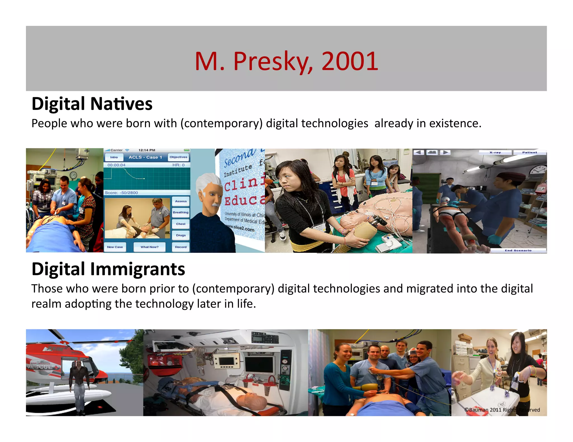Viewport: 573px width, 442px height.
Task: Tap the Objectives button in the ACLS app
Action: tap(178, 157)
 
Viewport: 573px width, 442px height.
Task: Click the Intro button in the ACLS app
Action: tap(114, 157)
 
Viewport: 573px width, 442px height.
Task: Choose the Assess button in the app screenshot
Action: tap(181, 201)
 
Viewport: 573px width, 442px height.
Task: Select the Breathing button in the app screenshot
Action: tap(181, 212)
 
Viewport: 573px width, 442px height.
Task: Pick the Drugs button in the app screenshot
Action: tap(181, 235)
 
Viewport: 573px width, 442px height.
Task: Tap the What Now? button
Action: tap(149, 247)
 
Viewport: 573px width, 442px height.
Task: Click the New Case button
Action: tap(115, 247)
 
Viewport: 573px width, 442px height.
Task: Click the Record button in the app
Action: tap(181, 247)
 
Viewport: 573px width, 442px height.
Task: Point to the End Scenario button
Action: tap(518, 250)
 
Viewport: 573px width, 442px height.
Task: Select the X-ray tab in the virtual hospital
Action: tap(495, 153)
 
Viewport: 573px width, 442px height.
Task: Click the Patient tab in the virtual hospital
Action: tap(529, 153)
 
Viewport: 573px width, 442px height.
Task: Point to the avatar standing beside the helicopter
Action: tap(79, 386)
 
